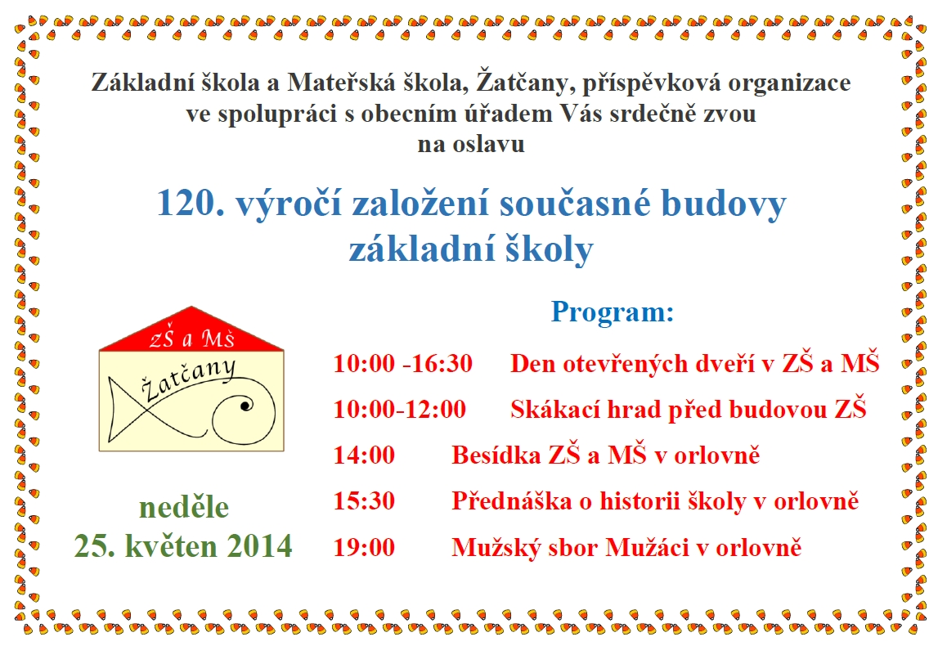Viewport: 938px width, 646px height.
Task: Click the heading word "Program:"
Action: click(612, 312)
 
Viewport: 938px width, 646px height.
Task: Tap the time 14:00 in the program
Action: click(364, 455)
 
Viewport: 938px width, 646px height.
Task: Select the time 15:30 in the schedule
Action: click(364, 501)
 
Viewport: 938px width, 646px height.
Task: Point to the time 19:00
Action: click(364, 547)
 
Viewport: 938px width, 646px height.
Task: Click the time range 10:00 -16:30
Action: click(402, 364)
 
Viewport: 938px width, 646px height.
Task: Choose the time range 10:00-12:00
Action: click(400, 410)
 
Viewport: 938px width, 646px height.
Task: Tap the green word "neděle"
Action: click(184, 508)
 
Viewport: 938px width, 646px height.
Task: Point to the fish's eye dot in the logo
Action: click(244, 406)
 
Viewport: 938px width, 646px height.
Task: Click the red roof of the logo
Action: click(191, 330)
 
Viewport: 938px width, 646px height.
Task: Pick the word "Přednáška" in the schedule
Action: click(511, 501)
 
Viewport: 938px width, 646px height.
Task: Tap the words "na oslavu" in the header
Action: click(471, 144)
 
